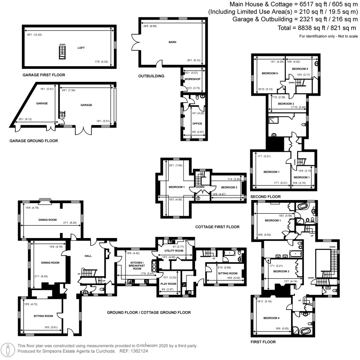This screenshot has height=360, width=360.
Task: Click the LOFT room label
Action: [x=81, y=48]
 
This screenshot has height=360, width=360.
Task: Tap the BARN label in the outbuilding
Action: [x=172, y=42]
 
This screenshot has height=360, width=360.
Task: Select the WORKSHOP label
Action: [x=192, y=79]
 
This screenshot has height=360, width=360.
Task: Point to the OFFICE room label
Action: [x=197, y=124]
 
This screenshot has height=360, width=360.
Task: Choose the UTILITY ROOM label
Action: [x=174, y=251]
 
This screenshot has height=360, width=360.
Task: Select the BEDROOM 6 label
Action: [x=270, y=73]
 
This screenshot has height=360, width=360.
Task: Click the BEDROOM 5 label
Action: [x=300, y=69]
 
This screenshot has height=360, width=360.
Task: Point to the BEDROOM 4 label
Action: [x=271, y=318]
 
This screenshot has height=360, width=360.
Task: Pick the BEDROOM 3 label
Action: [x=281, y=271]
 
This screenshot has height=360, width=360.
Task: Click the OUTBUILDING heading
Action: [x=151, y=76]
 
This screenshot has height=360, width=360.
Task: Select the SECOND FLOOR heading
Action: [x=265, y=197]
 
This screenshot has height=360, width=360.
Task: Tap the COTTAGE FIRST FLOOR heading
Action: [x=217, y=227]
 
